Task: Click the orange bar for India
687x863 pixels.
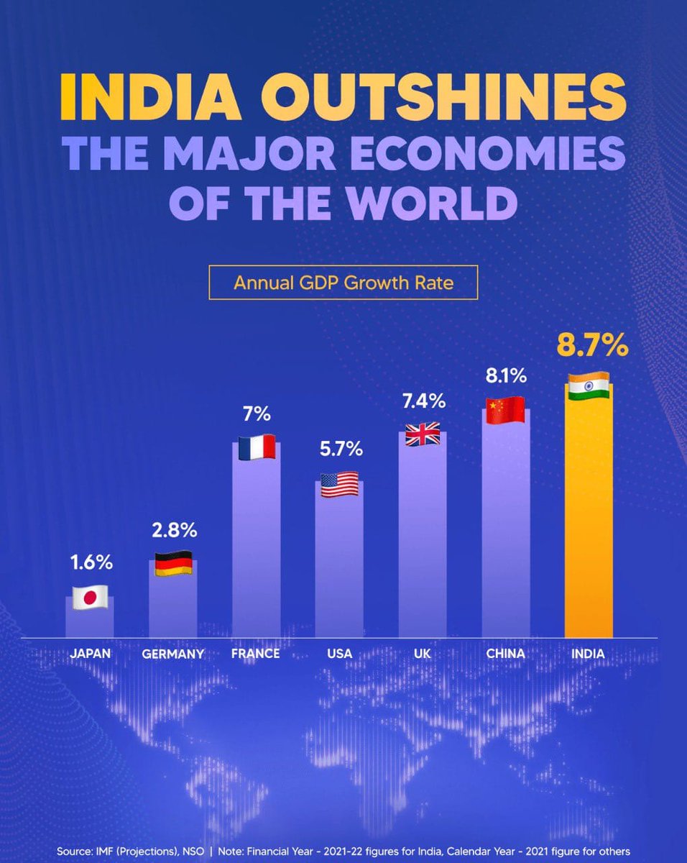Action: tap(589, 518)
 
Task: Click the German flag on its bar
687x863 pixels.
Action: tap(173, 562)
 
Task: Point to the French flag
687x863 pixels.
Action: tap(257, 447)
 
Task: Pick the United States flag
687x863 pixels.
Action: tap(339, 483)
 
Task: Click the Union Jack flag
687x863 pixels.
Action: tap(423, 434)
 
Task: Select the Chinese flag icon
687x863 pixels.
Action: tap(506, 410)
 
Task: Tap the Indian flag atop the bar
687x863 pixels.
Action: tap(589, 386)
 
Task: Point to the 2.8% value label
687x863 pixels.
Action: tap(173, 531)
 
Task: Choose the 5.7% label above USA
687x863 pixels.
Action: tap(339, 450)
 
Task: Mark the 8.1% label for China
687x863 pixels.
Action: tap(506, 375)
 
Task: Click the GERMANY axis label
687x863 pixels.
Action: tap(173, 654)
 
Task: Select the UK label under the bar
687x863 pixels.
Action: tap(423, 654)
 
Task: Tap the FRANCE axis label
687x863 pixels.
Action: tap(256, 654)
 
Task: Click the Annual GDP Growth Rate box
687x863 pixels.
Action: tap(343, 283)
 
